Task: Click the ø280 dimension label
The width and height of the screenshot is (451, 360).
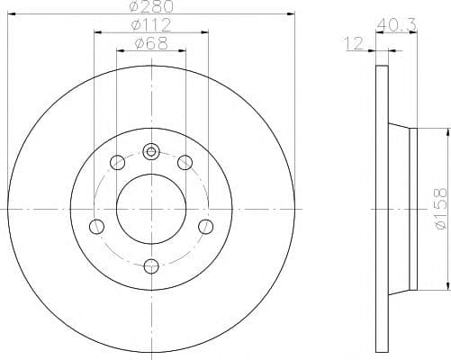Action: [150, 7]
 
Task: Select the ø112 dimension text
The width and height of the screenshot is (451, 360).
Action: [150, 23]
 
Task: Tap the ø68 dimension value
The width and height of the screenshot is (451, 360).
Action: [150, 41]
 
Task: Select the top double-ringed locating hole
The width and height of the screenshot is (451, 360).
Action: [150, 151]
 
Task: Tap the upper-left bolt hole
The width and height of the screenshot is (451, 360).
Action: [116, 163]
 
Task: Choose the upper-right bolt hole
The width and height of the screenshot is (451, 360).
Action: [185, 162]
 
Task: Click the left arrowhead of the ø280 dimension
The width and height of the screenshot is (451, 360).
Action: [11, 13]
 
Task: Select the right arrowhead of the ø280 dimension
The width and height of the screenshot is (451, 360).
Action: [291, 13]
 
